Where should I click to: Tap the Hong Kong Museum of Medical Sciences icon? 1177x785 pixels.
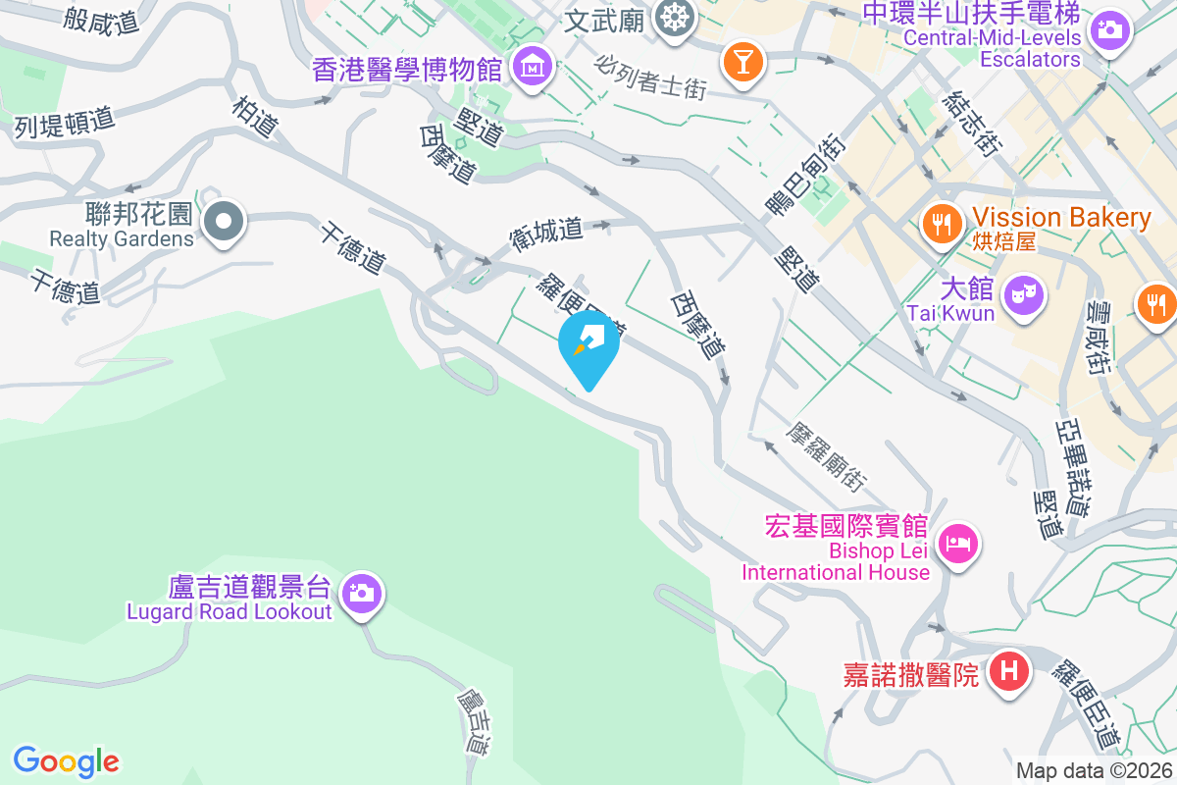coord(533,68)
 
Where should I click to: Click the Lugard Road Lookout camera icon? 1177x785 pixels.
coord(362,593)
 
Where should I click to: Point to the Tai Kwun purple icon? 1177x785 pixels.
coord(1025,294)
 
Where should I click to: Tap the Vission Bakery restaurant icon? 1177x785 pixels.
coord(943,223)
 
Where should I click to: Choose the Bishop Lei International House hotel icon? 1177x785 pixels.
coord(956,543)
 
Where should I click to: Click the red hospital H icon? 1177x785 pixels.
coord(1008,672)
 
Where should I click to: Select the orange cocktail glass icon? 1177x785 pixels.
coord(742,62)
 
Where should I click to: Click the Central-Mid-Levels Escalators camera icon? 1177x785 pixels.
coord(1110,29)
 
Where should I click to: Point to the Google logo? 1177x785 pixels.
coord(67,760)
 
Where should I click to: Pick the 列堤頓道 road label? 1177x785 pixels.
coord(65,122)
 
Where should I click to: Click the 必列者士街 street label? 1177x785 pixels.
coord(650,75)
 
